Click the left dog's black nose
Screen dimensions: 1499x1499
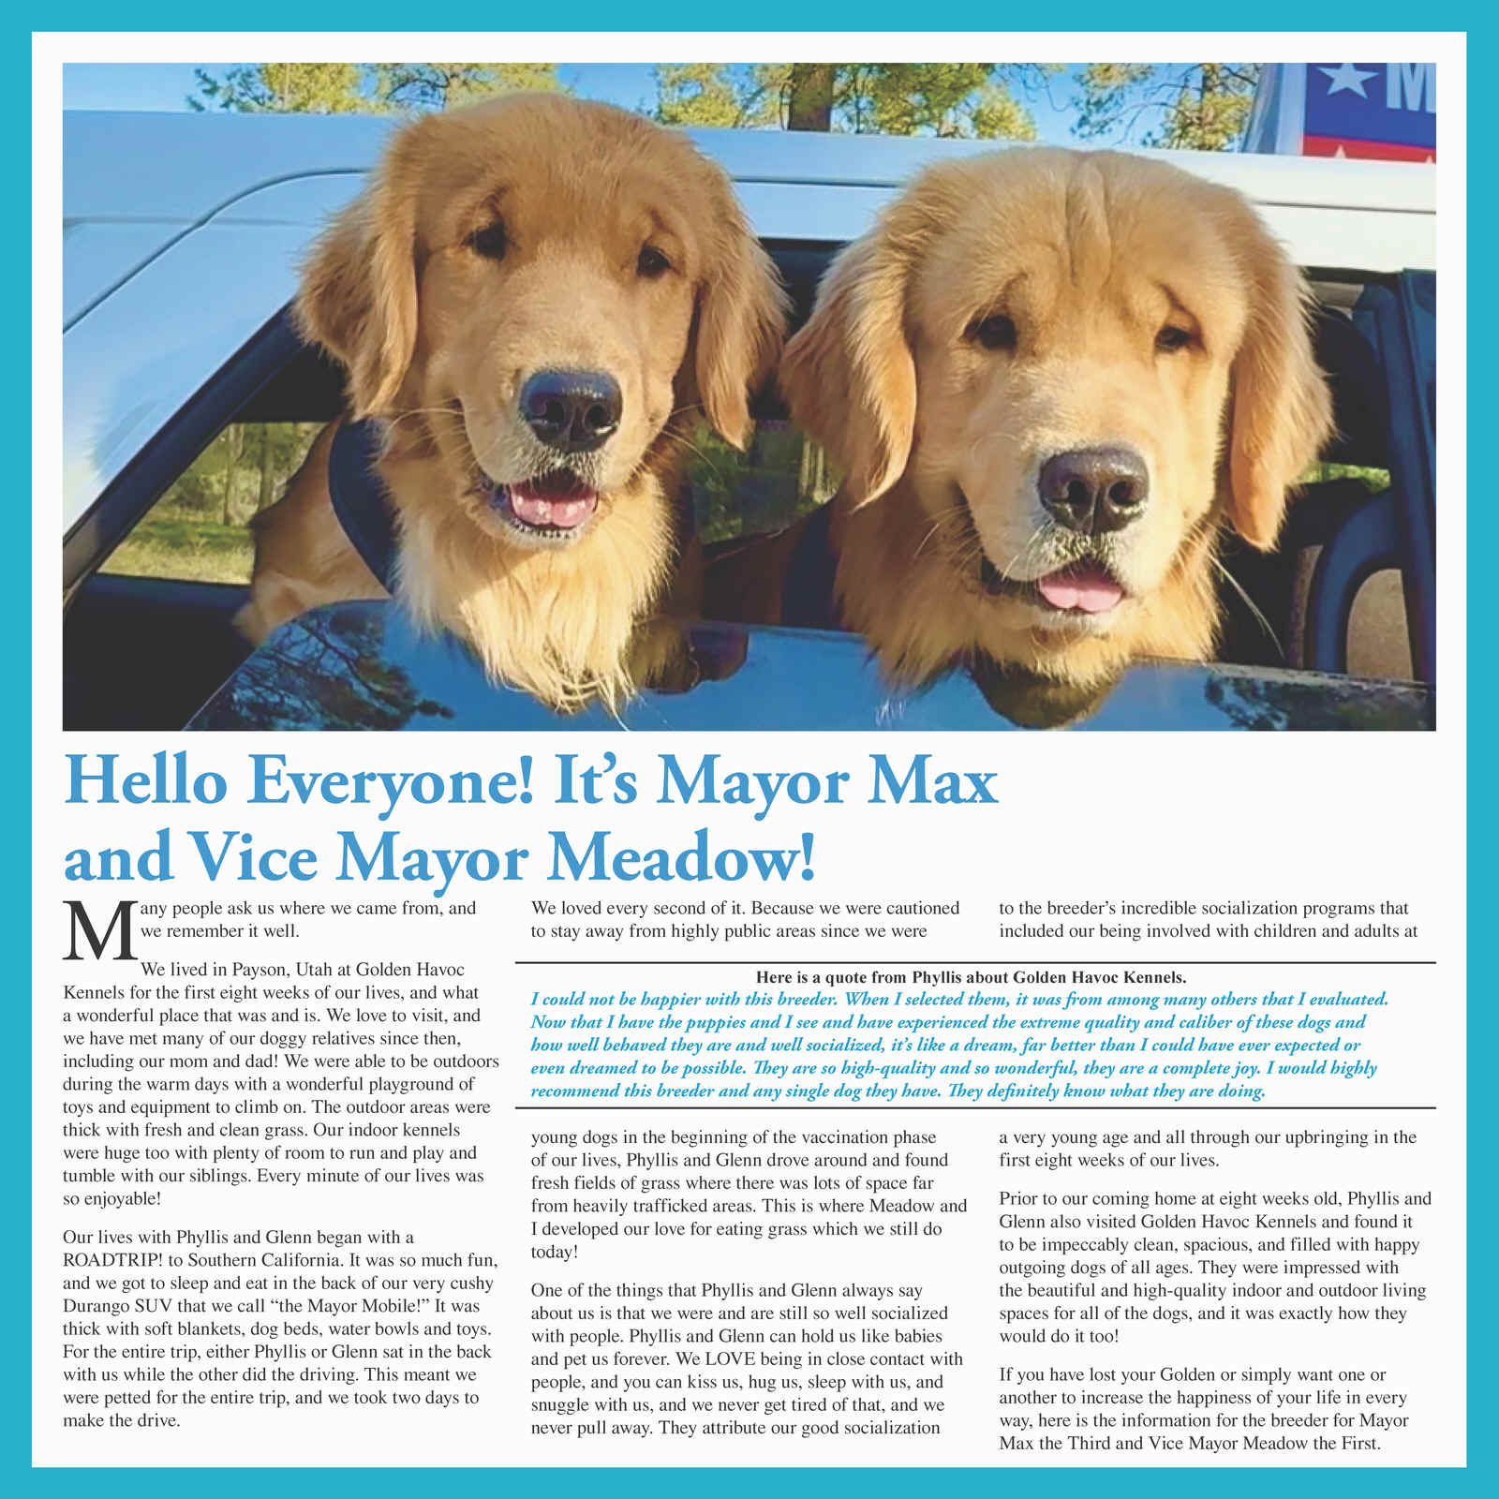pyautogui.click(x=571, y=409)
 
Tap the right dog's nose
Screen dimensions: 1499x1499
pyautogui.click(x=1092, y=489)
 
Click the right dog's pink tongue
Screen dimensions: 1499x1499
pyautogui.click(x=1080, y=592)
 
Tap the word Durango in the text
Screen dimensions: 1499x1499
pyautogui.click(x=96, y=1306)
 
